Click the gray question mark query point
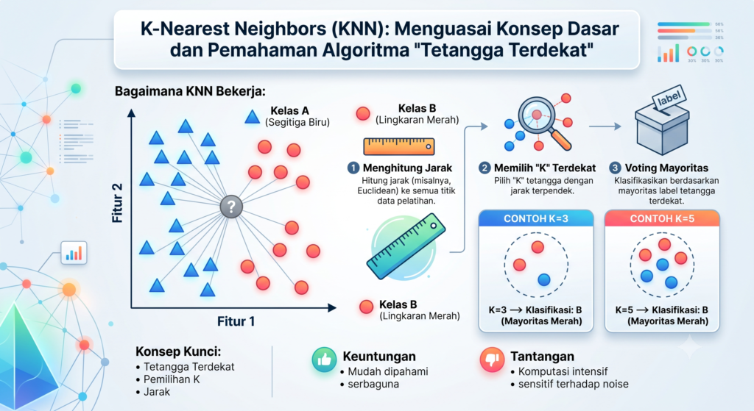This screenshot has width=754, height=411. (231, 207)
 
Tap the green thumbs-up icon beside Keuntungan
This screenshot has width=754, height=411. (324, 359)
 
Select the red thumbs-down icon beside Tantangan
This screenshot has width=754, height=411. (492, 359)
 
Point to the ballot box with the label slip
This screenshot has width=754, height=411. (662, 124)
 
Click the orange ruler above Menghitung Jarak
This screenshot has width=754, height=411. (399, 146)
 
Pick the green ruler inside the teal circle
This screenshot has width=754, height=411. (406, 246)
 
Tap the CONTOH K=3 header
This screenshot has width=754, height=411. (536, 218)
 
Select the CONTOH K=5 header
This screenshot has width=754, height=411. (662, 218)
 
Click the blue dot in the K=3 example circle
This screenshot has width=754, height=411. (544, 279)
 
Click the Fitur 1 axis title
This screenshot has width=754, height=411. (236, 321)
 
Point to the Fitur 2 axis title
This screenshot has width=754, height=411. (117, 203)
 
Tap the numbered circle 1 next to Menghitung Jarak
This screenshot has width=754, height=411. (353, 168)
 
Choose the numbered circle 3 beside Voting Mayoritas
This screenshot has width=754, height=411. (615, 168)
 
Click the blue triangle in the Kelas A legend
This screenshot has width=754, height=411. (252, 117)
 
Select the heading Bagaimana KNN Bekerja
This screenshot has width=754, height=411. (190, 91)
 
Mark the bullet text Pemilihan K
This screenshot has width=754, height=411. (172, 379)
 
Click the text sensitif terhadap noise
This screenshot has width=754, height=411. (573, 384)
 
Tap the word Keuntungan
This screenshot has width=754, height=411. (379, 357)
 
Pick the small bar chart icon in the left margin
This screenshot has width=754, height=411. (74, 252)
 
